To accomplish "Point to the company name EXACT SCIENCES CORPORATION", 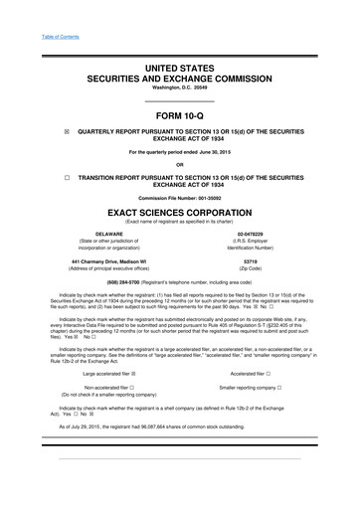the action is [179, 213].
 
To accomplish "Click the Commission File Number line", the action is [179, 199].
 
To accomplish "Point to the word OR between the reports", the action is [179, 165].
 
